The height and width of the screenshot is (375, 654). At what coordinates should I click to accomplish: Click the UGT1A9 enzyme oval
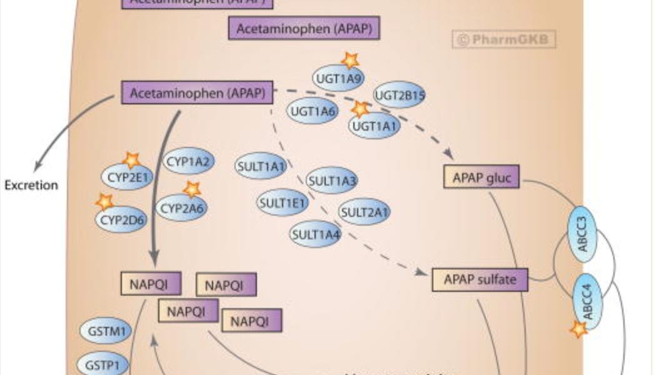[338, 78]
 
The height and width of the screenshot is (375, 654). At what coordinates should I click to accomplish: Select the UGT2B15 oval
[400, 96]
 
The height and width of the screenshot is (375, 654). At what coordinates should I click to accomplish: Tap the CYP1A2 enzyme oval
[189, 162]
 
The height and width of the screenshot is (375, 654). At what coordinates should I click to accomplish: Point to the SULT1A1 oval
[261, 166]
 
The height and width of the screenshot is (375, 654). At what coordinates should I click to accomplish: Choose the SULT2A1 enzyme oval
[364, 212]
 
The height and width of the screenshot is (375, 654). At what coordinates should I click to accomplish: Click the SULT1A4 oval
[316, 234]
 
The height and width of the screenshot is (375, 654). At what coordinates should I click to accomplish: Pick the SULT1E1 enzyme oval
[283, 202]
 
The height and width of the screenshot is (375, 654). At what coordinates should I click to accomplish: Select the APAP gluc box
[481, 177]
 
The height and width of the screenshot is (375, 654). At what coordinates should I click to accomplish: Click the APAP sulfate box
[480, 279]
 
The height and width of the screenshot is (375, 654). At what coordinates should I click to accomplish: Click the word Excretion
[31, 185]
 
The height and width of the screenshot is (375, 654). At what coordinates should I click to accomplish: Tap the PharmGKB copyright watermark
[504, 40]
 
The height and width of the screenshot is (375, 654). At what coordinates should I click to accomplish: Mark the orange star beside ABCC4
[579, 329]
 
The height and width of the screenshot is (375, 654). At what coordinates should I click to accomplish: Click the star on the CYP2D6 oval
[104, 201]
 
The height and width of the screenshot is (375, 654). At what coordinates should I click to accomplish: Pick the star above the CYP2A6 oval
[191, 189]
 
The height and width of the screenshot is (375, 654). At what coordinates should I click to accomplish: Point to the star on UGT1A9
[351, 60]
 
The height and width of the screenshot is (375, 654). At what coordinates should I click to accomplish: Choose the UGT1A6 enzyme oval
[312, 111]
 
